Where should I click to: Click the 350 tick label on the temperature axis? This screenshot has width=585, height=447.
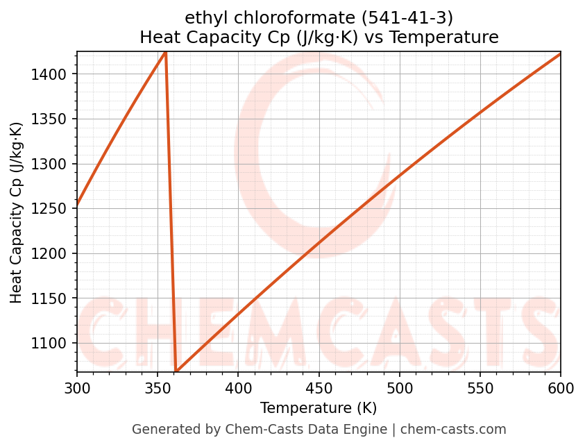(x=158, y=389)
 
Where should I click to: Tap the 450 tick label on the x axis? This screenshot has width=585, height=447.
(x=319, y=389)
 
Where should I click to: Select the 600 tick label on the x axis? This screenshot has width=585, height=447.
(x=561, y=389)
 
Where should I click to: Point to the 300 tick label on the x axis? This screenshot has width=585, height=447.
(x=77, y=389)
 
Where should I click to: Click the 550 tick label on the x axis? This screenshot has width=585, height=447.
(x=480, y=389)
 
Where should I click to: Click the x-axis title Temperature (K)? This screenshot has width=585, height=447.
(x=319, y=408)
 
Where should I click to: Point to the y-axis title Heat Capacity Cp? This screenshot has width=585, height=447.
(x=17, y=212)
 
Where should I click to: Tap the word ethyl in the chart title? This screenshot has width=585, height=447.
(x=201, y=17)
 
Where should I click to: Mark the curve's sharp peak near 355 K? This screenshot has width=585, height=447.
(x=165, y=52)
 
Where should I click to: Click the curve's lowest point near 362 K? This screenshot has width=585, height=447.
(x=176, y=371)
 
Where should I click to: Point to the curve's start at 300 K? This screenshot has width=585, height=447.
(x=77, y=205)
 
